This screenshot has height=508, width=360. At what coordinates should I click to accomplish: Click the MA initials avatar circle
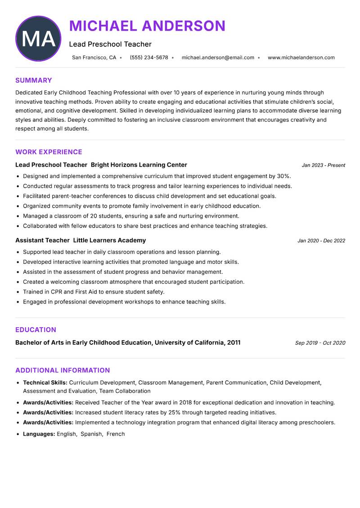point(38,39)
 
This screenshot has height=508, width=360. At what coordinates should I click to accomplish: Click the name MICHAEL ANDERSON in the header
point(147,26)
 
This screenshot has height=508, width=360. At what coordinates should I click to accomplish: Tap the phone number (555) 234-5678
point(149,58)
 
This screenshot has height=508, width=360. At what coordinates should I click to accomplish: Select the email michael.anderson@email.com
point(218,58)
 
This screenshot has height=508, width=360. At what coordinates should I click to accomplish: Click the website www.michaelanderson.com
point(301,58)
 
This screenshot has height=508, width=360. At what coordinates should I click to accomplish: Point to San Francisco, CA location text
point(94,58)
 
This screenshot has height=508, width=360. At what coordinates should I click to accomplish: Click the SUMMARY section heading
point(34,80)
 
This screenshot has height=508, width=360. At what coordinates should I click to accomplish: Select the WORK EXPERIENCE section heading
point(49,152)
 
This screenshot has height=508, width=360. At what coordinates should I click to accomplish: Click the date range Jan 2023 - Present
point(323,165)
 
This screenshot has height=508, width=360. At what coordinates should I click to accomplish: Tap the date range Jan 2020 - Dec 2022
point(321,241)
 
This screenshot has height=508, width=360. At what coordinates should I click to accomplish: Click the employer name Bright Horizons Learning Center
point(139,165)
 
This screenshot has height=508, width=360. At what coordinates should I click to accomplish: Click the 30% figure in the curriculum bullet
point(283,176)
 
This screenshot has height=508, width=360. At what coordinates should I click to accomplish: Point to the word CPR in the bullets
point(57,292)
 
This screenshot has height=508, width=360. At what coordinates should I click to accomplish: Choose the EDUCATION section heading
point(36,330)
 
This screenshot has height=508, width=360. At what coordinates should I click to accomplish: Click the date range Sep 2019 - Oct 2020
point(320,343)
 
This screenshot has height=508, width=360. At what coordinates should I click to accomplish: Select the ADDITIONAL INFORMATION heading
point(63,370)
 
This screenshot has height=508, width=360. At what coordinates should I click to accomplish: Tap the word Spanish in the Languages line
point(91,434)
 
